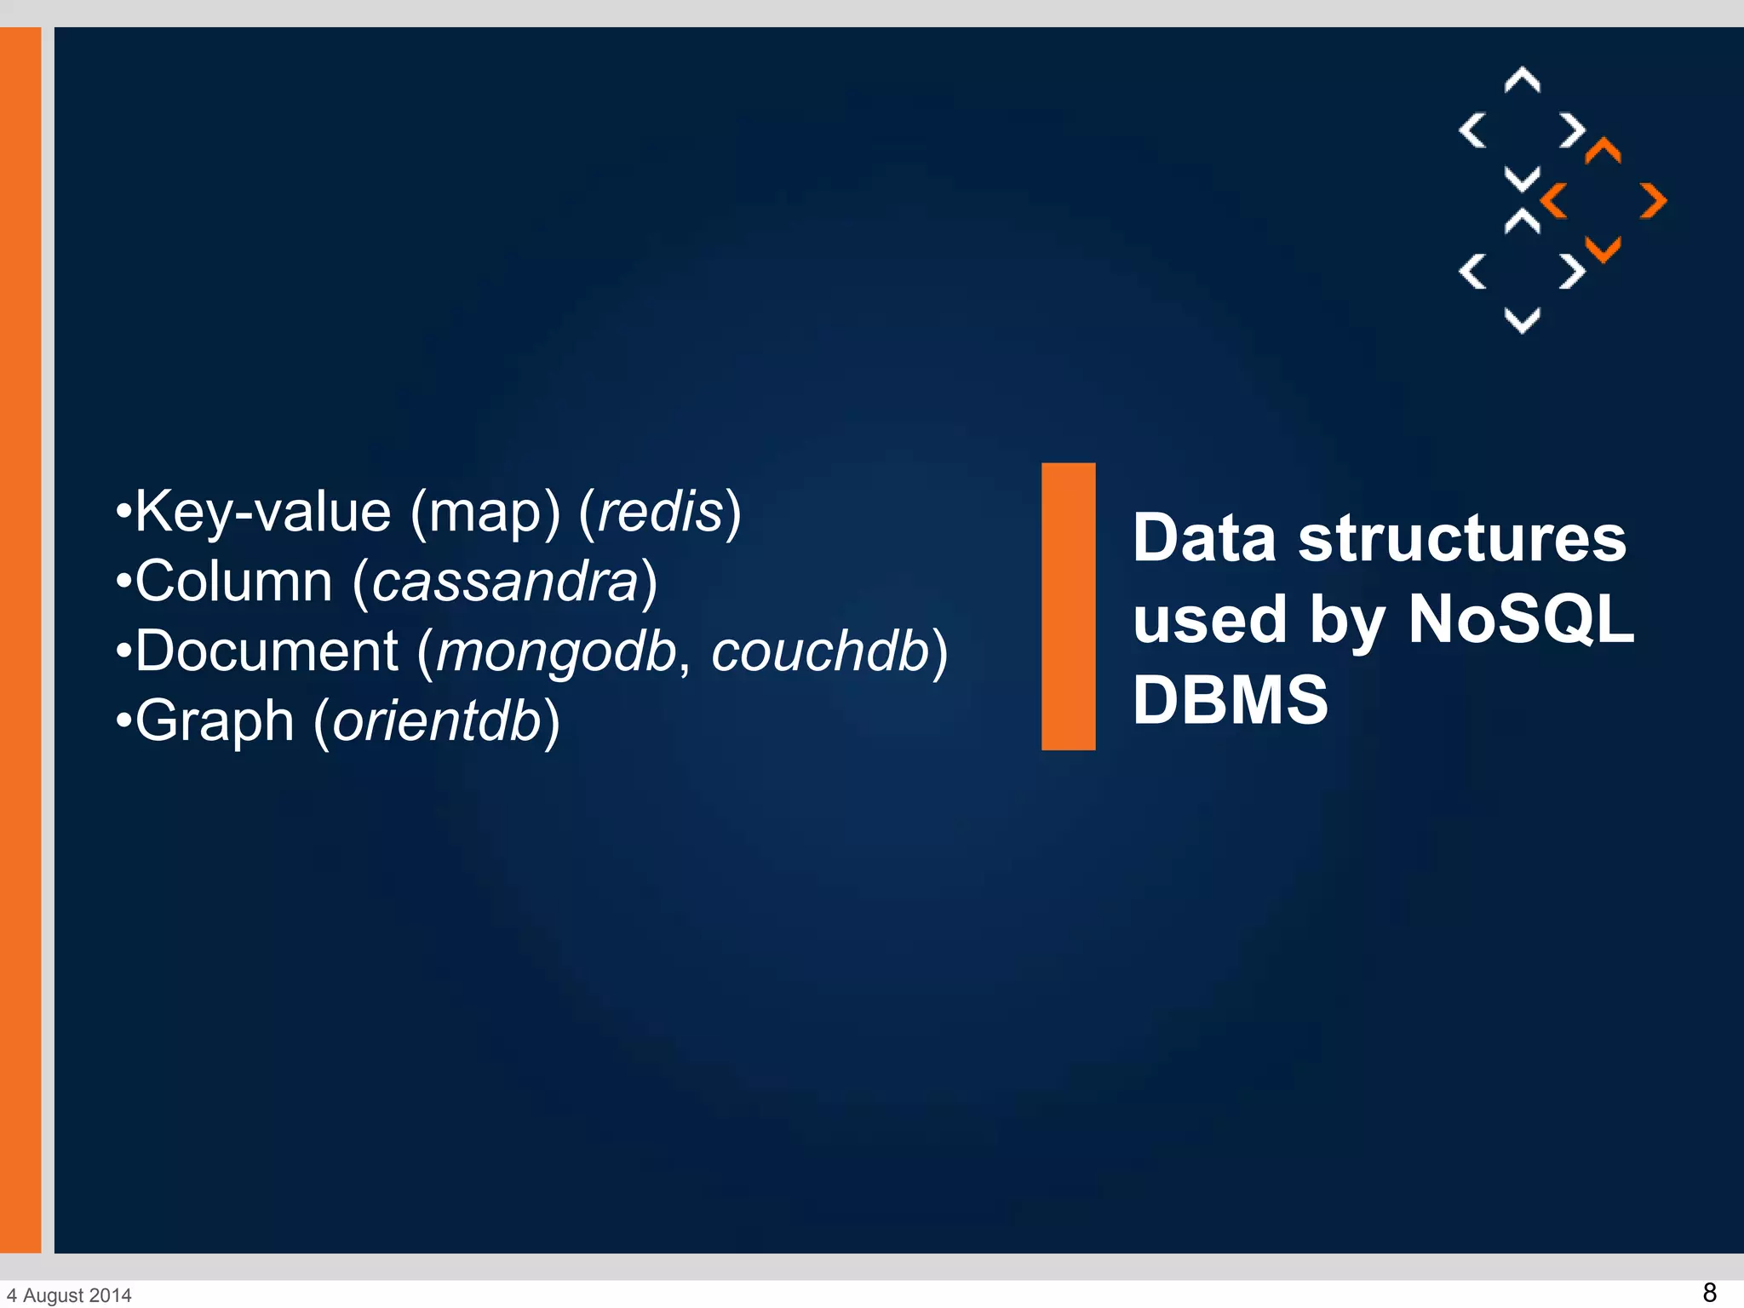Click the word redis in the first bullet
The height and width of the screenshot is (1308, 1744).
[x=661, y=512]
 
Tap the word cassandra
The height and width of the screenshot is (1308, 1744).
[x=505, y=582]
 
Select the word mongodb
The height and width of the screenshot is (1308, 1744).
[x=556, y=651]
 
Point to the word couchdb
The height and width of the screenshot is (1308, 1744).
[x=819, y=651]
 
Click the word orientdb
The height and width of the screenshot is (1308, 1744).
[x=437, y=721]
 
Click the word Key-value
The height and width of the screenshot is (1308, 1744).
[x=262, y=512]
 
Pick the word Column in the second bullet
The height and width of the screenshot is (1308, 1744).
[x=233, y=582]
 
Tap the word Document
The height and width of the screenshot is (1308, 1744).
[x=266, y=651]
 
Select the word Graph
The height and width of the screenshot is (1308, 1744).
[x=215, y=721]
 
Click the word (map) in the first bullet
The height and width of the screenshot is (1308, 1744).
[x=485, y=513]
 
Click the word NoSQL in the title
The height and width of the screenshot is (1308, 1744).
[x=1521, y=619]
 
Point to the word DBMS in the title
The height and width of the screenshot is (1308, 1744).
[x=1230, y=700]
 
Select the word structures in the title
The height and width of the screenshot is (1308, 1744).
[x=1461, y=538]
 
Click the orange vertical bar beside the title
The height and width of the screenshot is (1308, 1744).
[x=1068, y=606]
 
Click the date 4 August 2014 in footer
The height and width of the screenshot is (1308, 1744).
[x=70, y=1295]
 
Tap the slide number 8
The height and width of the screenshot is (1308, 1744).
[x=1708, y=1292]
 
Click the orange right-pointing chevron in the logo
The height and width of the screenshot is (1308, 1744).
[x=1653, y=201]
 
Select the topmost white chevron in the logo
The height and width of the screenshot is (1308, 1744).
[x=1522, y=80]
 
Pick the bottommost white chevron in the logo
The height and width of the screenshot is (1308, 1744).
[x=1522, y=321]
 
